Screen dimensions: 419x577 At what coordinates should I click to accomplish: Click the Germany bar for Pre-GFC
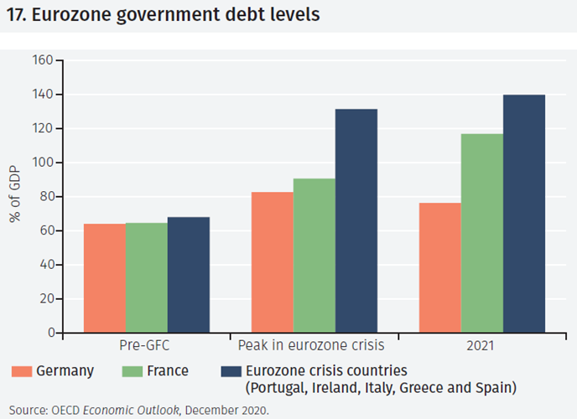point(104,278)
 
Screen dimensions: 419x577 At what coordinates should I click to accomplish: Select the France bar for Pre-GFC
point(146,277)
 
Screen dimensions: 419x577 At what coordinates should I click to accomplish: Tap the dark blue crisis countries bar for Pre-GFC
point(188,275)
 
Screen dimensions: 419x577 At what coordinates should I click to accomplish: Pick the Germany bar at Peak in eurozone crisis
point(273,262)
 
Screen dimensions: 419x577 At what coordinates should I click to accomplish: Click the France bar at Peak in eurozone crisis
point(314,256)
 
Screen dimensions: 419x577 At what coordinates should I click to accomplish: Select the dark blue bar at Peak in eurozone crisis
point(356,221)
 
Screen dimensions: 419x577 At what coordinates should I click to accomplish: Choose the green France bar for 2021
point(482,233)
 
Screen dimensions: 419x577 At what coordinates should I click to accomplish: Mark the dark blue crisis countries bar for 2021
point(524,214)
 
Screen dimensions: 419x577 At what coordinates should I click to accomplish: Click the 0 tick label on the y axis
point(49,333)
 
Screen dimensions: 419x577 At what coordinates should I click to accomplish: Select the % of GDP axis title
point(15,198)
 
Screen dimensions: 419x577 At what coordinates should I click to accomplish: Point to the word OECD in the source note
point(67,410)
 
